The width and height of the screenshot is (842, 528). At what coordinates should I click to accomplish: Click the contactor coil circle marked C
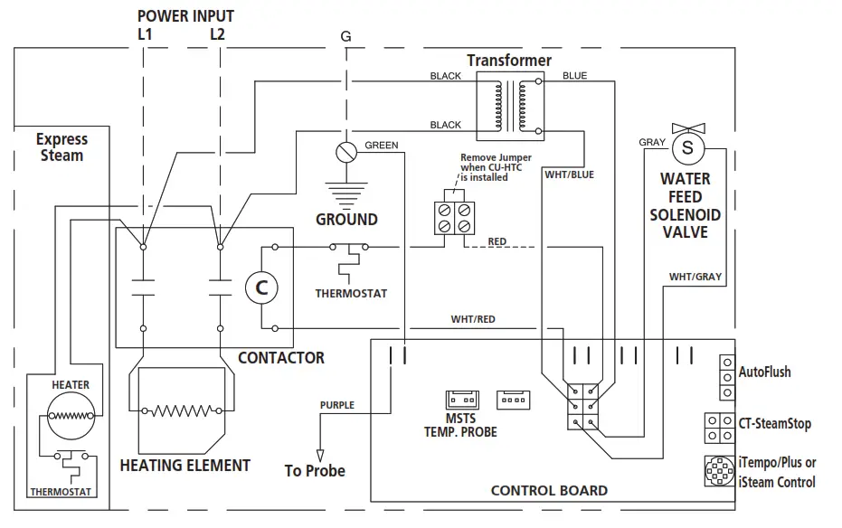pos(262,288)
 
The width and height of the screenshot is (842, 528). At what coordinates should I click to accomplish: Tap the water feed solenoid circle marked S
pos(687,146)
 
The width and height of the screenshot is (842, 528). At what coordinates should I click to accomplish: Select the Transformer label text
pos(509,61)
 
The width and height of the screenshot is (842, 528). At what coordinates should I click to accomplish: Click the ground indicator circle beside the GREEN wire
pos(344,152)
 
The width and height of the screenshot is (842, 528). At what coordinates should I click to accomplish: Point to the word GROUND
pos(346,220)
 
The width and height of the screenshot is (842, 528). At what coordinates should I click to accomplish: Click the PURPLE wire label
pos(337,405)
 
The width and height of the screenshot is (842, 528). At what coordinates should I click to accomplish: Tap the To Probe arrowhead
pos(318,454)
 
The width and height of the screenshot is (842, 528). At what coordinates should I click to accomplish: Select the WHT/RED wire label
pos(473,319)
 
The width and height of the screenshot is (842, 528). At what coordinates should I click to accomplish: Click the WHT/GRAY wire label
pos(695,277)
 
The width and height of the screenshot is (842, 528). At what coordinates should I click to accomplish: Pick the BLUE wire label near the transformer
pos(574,76)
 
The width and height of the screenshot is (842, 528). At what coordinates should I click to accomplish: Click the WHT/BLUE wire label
pos(569,174)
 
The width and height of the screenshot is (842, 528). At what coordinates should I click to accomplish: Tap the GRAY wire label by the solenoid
pos(652,143)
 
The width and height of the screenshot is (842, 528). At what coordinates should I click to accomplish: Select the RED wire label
pos(497,241)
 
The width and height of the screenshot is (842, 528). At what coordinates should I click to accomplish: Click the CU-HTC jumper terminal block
pos(452,216)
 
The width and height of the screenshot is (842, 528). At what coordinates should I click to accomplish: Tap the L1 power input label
pos(144,34)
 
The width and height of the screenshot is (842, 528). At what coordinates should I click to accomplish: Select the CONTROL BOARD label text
pos(549,491)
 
